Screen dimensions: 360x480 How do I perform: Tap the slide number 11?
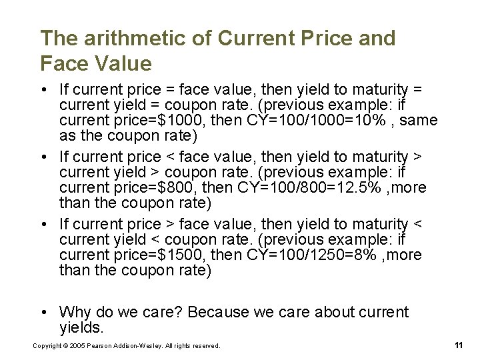pos(458,345)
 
